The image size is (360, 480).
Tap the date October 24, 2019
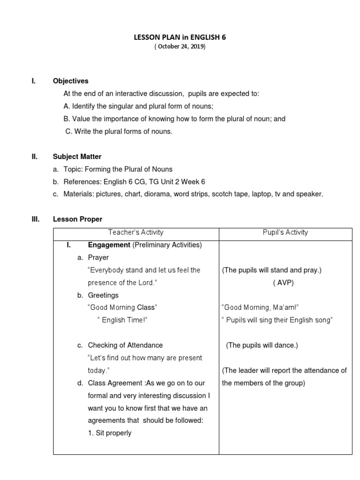[180, 47]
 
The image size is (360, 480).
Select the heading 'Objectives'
[70, 81]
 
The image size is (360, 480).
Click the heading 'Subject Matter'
[77, 157]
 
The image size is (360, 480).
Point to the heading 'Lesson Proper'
[77, 219]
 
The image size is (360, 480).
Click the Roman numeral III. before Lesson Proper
[36, 219]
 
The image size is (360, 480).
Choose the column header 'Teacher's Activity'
[135, 232]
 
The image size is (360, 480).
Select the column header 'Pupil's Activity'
[285, 232]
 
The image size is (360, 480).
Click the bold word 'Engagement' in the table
[109, 245]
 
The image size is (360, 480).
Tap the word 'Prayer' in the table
[98, 257]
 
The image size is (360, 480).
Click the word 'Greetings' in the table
[103, 295]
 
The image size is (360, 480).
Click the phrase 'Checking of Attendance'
[125, 345]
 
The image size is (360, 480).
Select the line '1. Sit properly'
[110, 433]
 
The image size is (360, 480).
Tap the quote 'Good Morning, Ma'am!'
[260, 307]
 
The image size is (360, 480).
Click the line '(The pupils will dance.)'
[262, 345]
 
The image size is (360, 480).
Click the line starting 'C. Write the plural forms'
[119, 132]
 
